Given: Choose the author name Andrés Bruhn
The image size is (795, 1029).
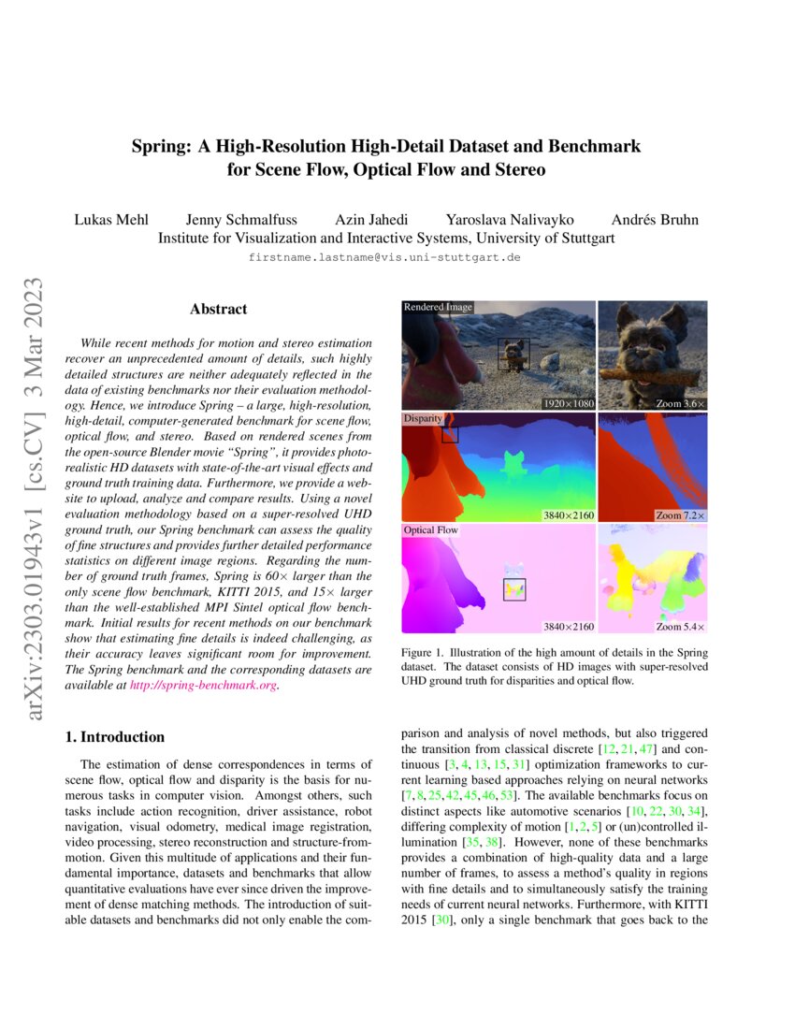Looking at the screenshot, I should point(655,220).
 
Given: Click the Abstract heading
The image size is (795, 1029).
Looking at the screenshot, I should point(218,309).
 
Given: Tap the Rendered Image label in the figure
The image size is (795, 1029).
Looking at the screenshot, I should point(438,307).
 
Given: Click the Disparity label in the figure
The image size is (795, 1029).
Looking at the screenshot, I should point(423,419).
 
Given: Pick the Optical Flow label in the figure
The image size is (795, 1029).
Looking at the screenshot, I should point(430,530).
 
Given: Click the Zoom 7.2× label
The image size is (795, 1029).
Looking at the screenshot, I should point(682,515).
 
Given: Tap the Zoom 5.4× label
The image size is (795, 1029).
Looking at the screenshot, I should point(682,626).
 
